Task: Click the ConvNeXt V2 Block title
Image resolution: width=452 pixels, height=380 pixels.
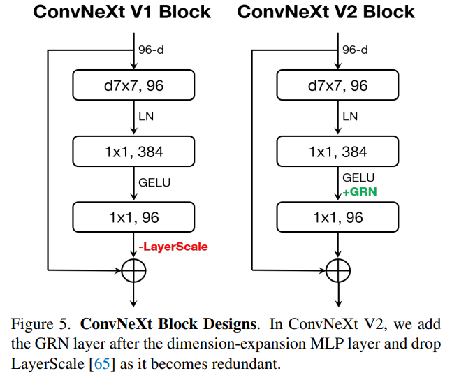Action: (x=326, y=12)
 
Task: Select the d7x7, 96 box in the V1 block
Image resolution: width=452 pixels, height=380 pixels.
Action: (x=133, y=86)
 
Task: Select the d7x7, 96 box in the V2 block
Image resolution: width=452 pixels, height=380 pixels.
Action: (x=338, y=86)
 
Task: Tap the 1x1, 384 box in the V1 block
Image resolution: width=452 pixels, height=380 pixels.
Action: (x=133, y=151)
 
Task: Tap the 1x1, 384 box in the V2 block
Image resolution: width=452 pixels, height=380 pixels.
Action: (x=338, y=151)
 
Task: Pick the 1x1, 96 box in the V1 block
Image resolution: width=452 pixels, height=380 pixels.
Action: (x=133, y=217)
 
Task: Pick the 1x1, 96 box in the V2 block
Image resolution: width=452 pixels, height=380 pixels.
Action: (x=338, y=217)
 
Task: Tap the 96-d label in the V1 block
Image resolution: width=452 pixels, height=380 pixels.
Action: (x=151, y=50)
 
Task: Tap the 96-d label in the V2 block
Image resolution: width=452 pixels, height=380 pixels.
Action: (x=356, y=50)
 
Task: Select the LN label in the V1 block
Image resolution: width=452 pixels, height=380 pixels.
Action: (x=145, y=117)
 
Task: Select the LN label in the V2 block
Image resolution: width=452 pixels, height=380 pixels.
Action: (x=350, y=117)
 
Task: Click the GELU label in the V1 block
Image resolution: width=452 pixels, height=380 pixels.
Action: (x=154, y=183)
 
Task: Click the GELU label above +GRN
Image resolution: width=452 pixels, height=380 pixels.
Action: (x=358, y=177)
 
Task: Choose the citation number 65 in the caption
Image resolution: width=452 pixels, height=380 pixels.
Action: (x=102, y=365)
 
